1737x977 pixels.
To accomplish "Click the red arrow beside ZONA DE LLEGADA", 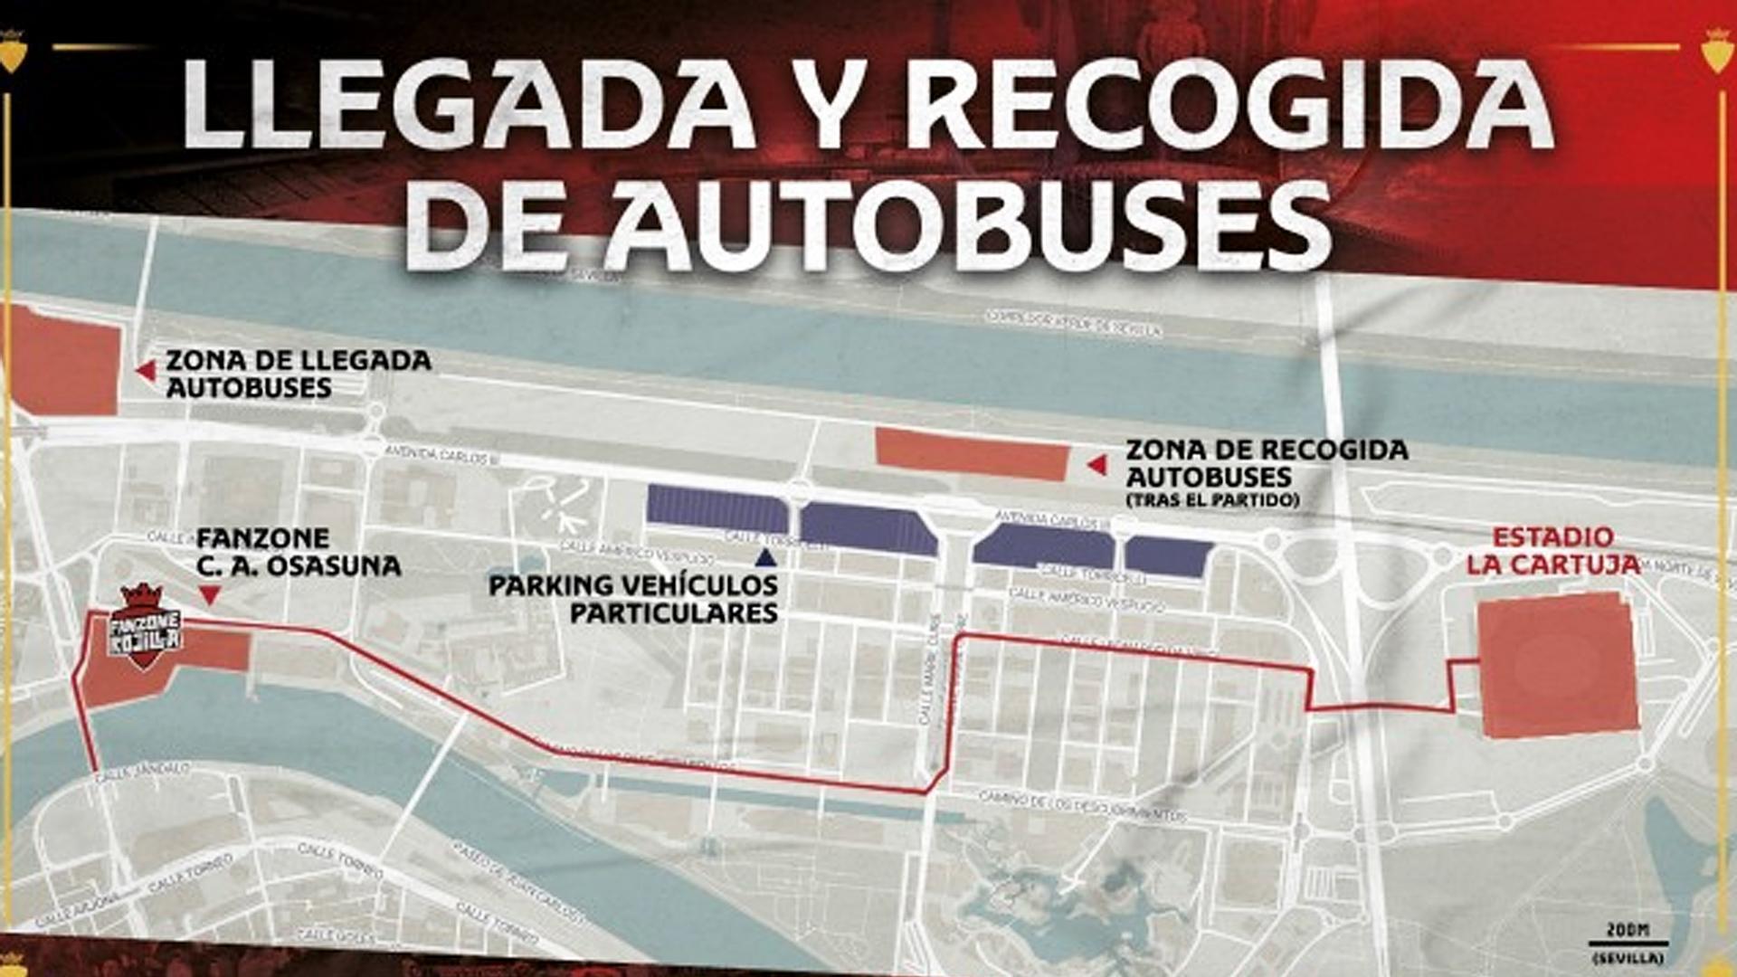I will pos(144,371).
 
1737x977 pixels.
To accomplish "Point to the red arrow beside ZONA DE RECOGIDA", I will pos(1096,465).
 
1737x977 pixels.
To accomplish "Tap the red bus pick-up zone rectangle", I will pos(972,454).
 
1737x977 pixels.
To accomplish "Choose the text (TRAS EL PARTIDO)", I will pos(1212,499).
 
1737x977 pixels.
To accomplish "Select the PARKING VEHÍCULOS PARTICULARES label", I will pos(633,599).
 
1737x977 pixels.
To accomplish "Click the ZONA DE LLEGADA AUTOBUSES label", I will pos(299,374).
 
